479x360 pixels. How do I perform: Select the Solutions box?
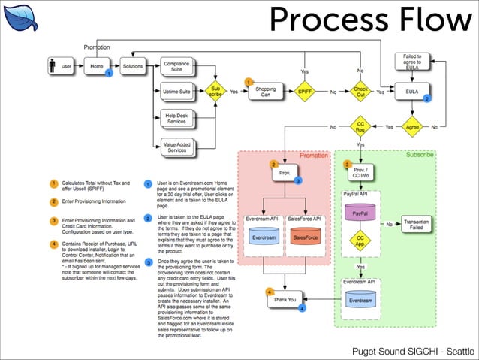coord(133,67)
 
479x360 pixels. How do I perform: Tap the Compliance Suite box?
coord(176,67)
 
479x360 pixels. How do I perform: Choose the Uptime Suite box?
coord(176,92)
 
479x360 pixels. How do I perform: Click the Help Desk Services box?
coord(176,118)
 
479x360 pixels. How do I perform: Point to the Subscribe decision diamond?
coord(215,92)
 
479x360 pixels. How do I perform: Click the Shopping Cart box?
coord(265,92)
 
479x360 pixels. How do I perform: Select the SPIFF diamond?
coord(305,92)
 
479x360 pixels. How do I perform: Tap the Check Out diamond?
coord(361,92)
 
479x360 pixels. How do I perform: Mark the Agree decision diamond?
coord(411,127)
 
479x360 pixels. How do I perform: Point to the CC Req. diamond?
coord(361,127)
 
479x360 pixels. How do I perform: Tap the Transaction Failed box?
coord(416,225)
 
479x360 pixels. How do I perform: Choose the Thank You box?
coord(285,298)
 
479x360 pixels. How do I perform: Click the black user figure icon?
coord(52,67)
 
